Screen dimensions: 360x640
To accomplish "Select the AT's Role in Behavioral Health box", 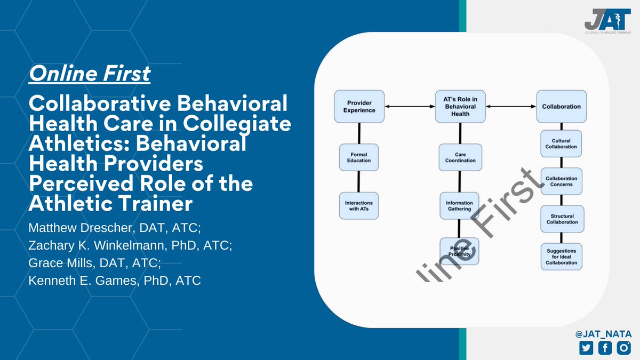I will pyautogui.click(x=459, y=106).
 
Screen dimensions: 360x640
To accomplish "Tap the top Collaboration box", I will pyautogui.click(x=561, y=106).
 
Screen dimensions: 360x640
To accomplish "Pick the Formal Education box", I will pyautogui.click(x=358, y=157).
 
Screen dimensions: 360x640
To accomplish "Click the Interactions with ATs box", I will pyautogui.click(x=358, y=205).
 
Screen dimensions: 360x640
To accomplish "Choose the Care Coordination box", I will pyautogui.click(x=459, y=157).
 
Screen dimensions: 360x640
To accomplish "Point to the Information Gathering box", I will pyautogui.click(x=459, y=205).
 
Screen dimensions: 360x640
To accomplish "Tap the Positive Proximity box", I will pyautogui.click(x=459, y=251).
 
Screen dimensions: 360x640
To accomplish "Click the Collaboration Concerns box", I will pyautogui.click(x=561, y=181).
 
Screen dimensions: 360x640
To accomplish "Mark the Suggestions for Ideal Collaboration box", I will pyautogui.click(x=561, y=257).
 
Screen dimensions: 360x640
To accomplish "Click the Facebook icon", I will pyautogui.click(x=605, y=348).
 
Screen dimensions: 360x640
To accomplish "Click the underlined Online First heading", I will pyautogui.click(x=90, y=74).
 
